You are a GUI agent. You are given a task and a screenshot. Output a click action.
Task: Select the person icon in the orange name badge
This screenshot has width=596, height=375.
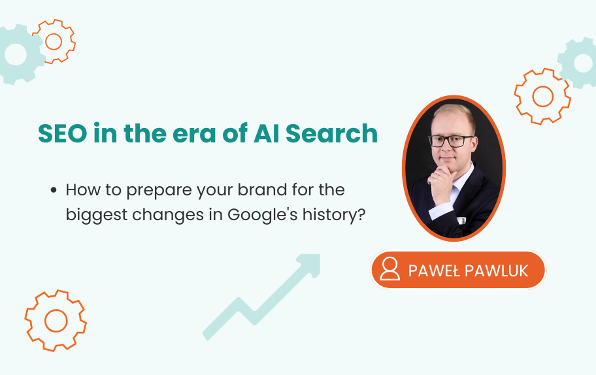389,269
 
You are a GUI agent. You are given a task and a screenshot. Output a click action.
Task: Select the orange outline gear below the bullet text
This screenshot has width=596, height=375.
56,320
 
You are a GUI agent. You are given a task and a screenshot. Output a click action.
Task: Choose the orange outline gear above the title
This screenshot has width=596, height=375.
54,41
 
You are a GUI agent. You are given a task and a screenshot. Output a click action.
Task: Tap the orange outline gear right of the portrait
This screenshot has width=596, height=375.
542,97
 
